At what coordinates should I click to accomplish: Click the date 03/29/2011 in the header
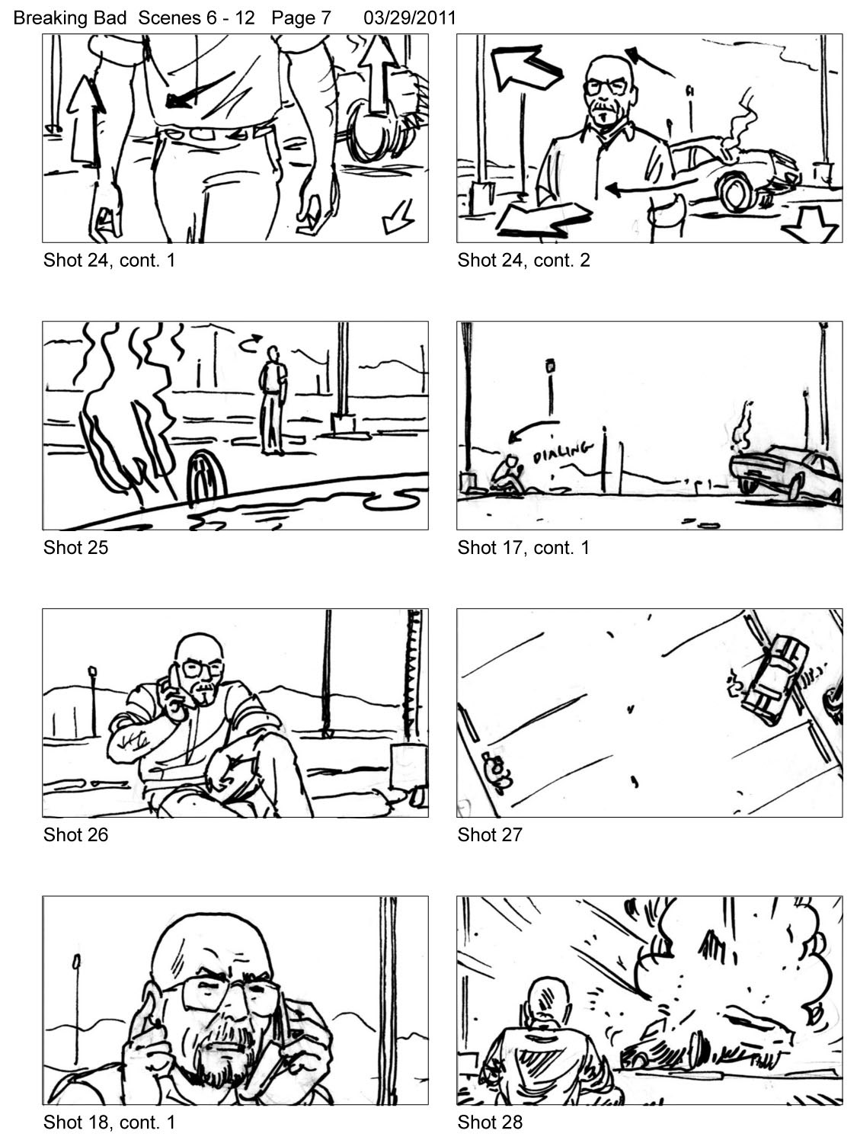[x=409, y=18]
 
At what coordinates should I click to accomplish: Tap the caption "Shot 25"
[x=75, y=547]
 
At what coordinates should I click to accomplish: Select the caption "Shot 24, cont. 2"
[x=523, y=260]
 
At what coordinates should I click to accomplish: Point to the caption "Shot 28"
[x=490, y=1122]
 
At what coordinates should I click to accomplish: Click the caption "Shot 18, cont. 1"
[x=109, y=1122]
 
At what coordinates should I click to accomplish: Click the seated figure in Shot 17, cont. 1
[x=505, y=474]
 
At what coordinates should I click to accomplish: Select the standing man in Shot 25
[x=273, y=400]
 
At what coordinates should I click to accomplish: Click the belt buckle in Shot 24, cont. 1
[x=203, y=134]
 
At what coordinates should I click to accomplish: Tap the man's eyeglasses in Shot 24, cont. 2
[x=606, y=86]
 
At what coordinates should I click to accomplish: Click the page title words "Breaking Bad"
[x=70, y=18]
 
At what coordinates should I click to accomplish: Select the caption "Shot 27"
[x=490, y=834]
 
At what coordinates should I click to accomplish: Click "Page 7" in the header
[x=301, y=18]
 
